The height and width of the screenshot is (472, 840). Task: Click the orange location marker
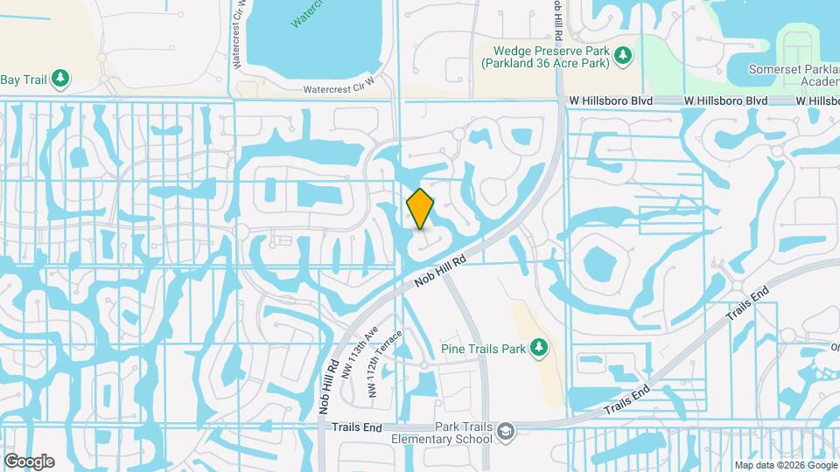tap(421, 209)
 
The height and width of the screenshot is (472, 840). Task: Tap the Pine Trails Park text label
tap(484, 350)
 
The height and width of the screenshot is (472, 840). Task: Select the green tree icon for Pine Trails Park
tap(540, 350)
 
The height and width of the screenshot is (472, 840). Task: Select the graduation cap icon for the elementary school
tap(506, 431)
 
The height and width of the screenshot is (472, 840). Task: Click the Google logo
tap(29, 462)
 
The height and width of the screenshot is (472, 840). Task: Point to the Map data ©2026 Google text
tap(785, 465)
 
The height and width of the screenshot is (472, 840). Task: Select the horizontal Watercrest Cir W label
tap(339, 89)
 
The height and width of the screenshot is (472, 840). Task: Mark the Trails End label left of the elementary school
tap(357, 427)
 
